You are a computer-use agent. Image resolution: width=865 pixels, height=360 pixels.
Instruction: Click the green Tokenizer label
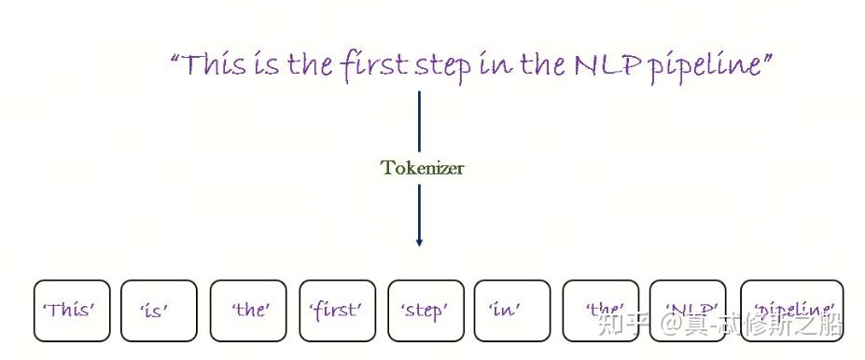(x=422, y=169)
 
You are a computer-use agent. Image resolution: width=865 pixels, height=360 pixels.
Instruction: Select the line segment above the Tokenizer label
(x=419, y=121)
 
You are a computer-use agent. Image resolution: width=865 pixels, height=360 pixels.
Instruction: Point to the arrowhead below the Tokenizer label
(x=419, y=242)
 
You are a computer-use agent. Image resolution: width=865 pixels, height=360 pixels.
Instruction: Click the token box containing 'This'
(x=72, y=311)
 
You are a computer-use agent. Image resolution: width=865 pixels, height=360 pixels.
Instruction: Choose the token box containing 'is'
(x=159, y=311)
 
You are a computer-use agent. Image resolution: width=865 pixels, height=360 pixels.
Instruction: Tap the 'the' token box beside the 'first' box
(x=247, y=311)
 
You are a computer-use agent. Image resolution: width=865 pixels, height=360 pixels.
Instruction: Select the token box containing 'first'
(x=337, y=311)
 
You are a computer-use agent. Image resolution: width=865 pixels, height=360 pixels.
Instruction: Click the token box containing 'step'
(x=425, y=311)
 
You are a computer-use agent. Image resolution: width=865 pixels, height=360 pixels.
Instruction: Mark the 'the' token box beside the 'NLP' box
(x=601, y=311)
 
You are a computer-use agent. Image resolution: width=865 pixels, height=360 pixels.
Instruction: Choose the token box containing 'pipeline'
(x=792, y=311)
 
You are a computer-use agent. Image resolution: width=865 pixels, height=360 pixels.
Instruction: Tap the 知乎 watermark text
(x=622, y=324)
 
